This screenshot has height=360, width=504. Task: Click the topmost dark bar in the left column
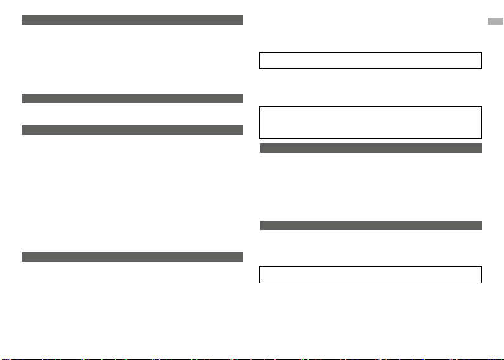pyautogui.click(x=132, y=20)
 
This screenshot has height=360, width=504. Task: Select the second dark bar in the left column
pyautogui.click(x=132, y=98)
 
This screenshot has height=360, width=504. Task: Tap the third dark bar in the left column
pyautogui.click(x=132, y=130)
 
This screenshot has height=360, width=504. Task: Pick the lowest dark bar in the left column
pyautogui.click(x=132, y=257)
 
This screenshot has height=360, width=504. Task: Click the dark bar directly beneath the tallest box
pyautogui.click(x=371, y=148)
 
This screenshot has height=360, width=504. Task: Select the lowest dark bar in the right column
pyautogui.click(x=371, y=225)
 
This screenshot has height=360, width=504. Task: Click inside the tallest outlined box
pyautogui.click(x=371, y=122)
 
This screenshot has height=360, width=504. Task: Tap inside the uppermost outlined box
pyautogui.click(x=371, y=60)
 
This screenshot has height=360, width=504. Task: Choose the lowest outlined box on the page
pyautogui.click(x=371, y=274)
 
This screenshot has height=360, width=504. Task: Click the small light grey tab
pyautogui.click(x=494, y=21)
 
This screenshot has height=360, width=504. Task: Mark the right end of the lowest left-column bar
pyautogui.click(x=242, y=257)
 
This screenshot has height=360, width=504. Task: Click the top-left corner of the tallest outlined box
pyautogui.click(x=261, y=107)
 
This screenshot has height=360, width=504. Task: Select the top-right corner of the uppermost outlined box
pyautogui.click(x=481, y=53)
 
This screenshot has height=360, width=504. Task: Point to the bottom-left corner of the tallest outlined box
pyautogui.click(x=261, y=138)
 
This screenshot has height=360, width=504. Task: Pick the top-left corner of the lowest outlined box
pyautogui.click(x=261, y=267)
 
